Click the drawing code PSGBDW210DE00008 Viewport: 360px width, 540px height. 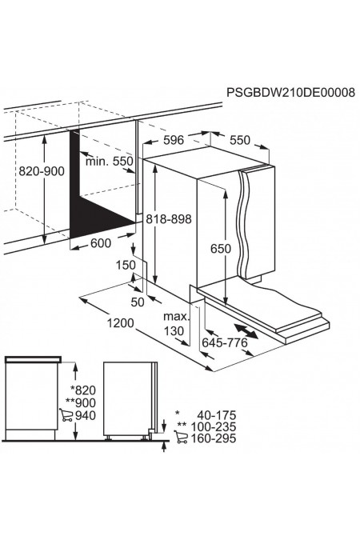290,92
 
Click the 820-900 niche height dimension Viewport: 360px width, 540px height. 42,171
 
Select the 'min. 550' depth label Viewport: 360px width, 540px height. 110,161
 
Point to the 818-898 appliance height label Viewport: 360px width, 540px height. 169,218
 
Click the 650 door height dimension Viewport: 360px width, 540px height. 221,248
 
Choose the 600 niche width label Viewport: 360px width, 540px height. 101,243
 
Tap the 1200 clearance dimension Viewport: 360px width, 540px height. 120,323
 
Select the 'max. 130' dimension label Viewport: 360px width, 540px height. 176,324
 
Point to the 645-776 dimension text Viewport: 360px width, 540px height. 225,342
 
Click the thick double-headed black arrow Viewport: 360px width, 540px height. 246,331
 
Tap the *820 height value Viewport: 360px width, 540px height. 83,390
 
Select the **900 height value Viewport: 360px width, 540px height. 81,402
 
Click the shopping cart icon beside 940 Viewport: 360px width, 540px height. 66,415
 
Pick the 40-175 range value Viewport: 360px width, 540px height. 216,414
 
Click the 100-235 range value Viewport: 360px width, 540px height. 214,426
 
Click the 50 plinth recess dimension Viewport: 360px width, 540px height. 138,302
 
